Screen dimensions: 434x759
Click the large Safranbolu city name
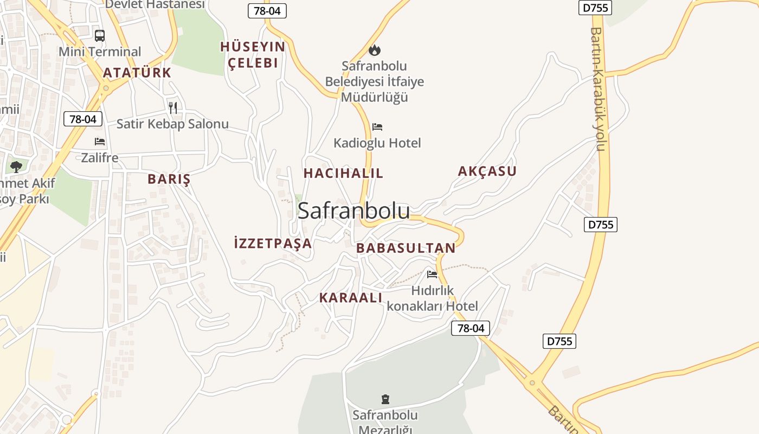(353, 210)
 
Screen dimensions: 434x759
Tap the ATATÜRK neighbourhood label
(137, 73)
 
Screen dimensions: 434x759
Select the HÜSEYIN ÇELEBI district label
(253, 55)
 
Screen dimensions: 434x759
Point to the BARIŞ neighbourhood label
(169, 179)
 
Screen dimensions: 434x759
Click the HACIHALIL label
(343, 174)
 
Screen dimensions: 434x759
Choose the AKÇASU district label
(487, 171)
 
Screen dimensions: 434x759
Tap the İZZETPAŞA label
(273, 243)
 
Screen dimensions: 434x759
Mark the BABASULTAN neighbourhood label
(406, 248)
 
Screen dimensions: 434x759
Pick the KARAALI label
(351, 297)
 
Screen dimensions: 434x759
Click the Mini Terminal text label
(100, 52)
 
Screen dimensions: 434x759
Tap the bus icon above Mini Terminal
(100, 36)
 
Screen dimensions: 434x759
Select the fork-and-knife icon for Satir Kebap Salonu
(173, 107)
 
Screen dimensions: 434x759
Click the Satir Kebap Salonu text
(172, 124)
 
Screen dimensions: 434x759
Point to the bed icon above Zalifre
(100, 142)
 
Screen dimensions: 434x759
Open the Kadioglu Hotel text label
(377, 143)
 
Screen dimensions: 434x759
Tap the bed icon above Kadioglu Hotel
(377, 127)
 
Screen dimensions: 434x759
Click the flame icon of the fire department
(374, 50)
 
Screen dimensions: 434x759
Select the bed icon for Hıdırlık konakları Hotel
(432, 275)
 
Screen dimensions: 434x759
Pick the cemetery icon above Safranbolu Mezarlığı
(385, 399)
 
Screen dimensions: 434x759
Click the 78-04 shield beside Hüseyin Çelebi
(267, 10)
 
